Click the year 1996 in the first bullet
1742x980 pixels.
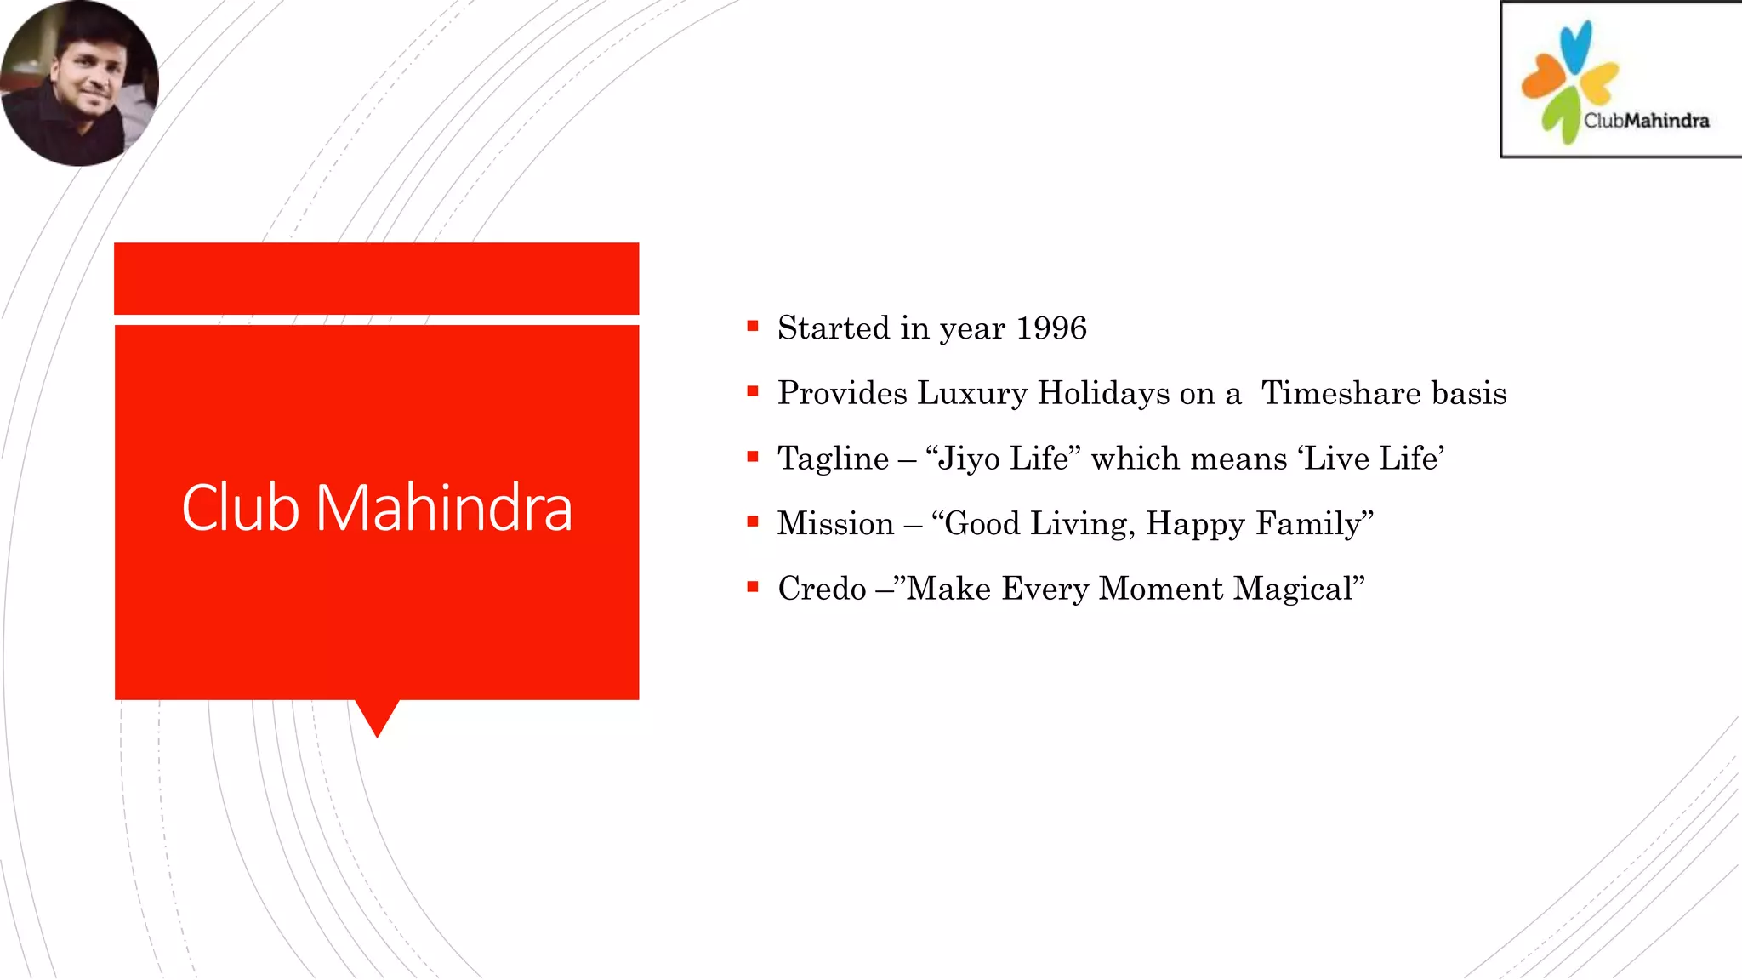1051,328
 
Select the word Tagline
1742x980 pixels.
833,459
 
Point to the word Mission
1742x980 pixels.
835,524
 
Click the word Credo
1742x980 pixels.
822,589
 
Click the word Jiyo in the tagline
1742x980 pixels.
968,459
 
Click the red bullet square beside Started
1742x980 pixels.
753,326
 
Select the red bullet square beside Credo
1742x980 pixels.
753,586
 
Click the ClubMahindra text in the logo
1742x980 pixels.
1646,121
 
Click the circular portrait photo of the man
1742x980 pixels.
79,83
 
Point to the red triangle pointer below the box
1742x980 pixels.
377,716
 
